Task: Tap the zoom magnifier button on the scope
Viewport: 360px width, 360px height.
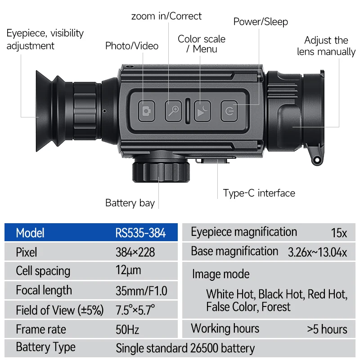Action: click(173, 110)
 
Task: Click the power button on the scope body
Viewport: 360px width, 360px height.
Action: click(229, 110)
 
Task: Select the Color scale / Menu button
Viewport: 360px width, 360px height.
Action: click(202, 110)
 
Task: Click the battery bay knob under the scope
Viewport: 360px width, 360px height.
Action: click(161, 171)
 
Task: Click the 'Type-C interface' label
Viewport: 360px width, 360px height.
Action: click(259, 193)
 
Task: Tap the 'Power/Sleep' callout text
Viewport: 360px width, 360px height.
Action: click(261, 22)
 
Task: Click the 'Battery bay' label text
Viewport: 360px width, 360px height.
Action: click(130, 203)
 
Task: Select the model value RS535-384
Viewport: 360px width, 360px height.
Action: click(140, 233)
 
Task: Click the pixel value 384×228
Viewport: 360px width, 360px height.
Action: click(135, 252)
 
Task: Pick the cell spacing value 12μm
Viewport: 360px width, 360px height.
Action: click(128, 270)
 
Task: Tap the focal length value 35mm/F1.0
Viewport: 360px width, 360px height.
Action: click(141, 291)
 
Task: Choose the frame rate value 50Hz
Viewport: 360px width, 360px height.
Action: click(127, 330)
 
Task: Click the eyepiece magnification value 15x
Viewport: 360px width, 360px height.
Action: click(339, 233)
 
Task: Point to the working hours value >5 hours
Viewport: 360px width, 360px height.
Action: click(327, 329)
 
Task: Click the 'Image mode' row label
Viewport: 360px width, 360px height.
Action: click(220, 274)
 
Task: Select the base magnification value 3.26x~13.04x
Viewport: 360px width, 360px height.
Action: click(317, 252)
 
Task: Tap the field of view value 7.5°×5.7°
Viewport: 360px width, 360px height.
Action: click(135, 310)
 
